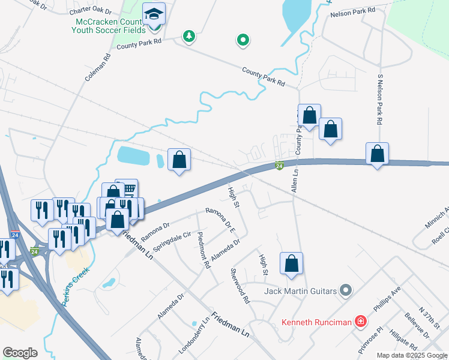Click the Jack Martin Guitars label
pyautogui.click(x=300, y=292)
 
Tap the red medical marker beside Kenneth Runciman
pyautogui.click(x=360, y=322)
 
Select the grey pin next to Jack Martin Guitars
pyautogui.click(x=345, y=292)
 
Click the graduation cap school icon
pyautogui.click(x=154, y=14)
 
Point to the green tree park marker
pyautogui.click(x=189, y=37)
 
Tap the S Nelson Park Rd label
pyautogui.click(x=380, y=99)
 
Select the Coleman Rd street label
pyautogui.click(x=106, y=68)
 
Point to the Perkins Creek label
pyautogui.click(x=70, y=287)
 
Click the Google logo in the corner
pyautogui.click(x=20, y=353)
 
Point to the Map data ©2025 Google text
pyautogui.click(x=411, y=355)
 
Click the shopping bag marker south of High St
pyautogui.click(x=291, y=263)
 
